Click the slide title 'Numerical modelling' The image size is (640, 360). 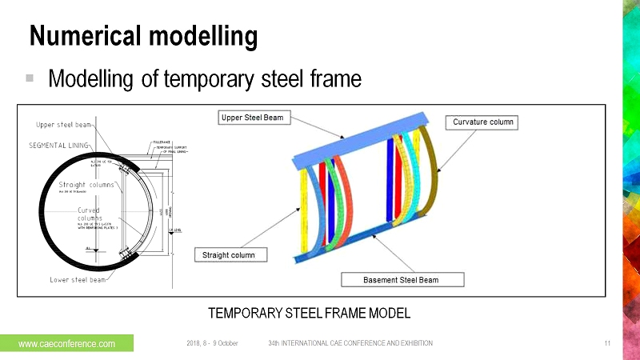point(144,36)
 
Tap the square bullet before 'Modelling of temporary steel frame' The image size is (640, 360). point(30,78)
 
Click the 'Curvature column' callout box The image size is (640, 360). point(483,122)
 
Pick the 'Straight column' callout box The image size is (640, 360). point(230,255)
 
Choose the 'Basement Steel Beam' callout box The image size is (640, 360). point(402,279)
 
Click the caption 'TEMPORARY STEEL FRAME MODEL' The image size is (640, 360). point(309,311)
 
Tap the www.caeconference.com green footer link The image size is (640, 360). point(67,343)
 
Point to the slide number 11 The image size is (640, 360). point(607,343)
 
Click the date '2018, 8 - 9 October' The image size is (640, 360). point(212,343)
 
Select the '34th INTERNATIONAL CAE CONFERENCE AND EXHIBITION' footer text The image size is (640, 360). point(350,343)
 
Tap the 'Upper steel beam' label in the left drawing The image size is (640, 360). point(64,125)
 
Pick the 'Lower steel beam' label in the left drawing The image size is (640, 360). point(66,279)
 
